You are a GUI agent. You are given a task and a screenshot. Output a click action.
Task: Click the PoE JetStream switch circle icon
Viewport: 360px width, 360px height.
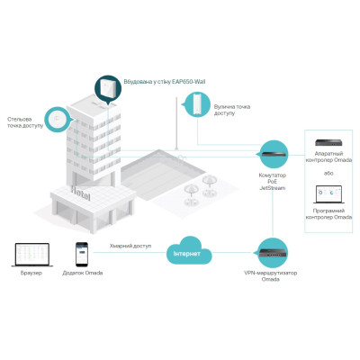[273, 153]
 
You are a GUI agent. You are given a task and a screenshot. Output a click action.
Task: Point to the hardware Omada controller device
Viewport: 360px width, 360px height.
[330, 141]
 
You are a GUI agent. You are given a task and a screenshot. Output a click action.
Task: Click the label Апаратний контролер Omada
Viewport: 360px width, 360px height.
[330, 157]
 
